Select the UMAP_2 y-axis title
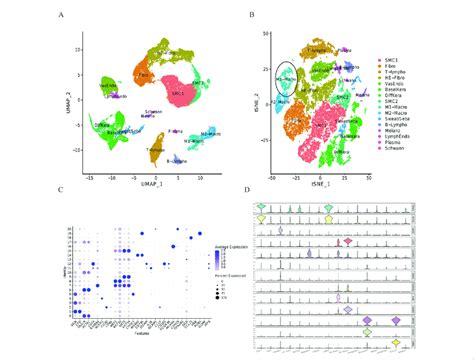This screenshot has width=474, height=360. pyautogui.click(x=68, y=97)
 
